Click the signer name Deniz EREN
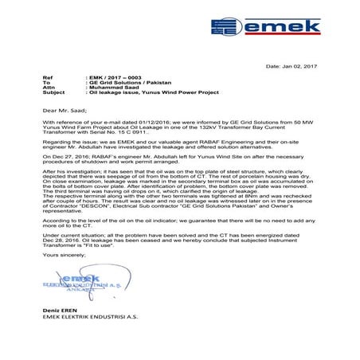[x=57, y=328]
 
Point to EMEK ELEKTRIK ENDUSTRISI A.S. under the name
[x=88, y=335]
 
